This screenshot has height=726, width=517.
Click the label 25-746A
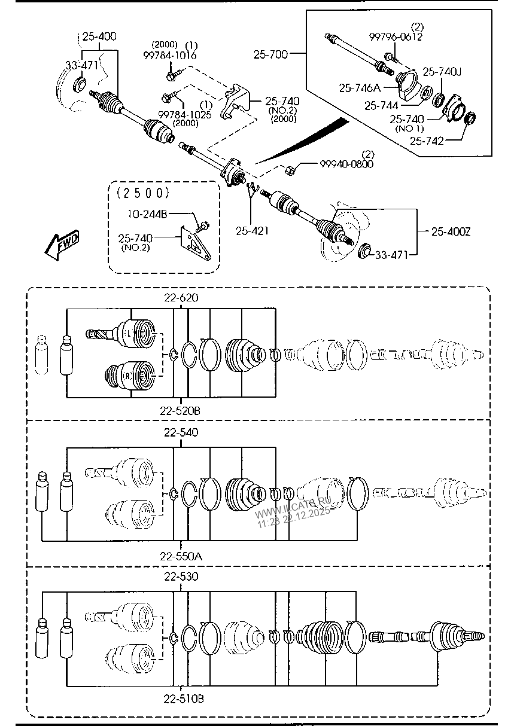360,88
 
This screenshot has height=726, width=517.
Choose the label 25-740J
442,72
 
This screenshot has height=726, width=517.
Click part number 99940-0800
346,164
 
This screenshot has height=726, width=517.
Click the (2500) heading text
143,193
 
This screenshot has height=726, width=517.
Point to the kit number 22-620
180,297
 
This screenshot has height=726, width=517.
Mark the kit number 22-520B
180,411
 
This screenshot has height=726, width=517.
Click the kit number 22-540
180,432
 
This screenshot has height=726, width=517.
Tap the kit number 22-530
180,576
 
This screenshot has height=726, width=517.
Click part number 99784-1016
170,55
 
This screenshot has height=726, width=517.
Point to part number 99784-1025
184,114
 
